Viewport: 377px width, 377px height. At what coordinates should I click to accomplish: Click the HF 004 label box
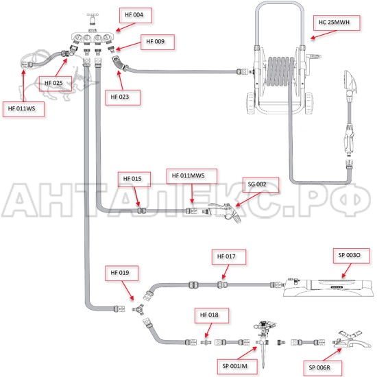[136, 15]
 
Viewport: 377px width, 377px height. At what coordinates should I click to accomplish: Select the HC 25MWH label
[337, 23]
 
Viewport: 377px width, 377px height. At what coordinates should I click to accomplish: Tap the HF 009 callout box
[158, 42]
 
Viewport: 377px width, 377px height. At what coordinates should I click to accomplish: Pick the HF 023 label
[123, 97]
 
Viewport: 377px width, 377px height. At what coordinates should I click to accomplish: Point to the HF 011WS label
[23, 109]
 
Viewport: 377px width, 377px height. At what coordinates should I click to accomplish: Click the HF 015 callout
[134, 179]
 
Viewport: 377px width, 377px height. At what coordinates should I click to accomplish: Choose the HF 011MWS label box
[192, 176]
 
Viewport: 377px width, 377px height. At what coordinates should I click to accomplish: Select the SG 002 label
[261, 185]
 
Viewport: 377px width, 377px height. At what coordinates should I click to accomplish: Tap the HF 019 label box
[121, 273]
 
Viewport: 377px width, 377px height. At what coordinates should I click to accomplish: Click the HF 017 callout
[229, 257]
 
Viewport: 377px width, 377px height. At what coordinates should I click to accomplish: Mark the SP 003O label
[351, 256]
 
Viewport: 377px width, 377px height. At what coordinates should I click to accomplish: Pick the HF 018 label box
[212, 315]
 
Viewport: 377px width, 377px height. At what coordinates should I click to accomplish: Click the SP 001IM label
[237, 367]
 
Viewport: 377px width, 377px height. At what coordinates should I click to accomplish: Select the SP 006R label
[323, 368]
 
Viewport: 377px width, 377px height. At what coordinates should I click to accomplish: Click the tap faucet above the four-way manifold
[93, 19]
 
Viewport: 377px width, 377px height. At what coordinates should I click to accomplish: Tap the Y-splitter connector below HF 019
[138, 309]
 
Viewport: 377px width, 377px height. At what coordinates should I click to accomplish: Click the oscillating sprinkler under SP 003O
[328, 288]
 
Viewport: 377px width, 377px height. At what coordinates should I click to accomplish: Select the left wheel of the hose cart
[252, 103]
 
